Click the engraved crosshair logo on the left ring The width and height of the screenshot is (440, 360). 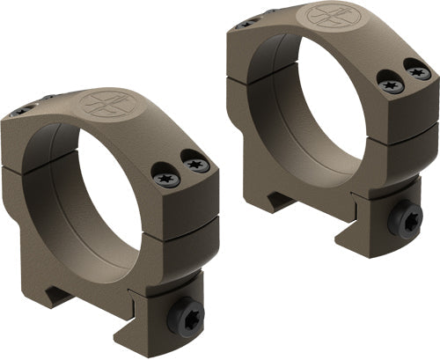pyautogui.click(x=99, y=103)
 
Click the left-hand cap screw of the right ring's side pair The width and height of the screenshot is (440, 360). pyautogui.click(x=390, y=85)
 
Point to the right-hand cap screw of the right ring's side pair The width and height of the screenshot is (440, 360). pyautogui.click(x=418, y=73)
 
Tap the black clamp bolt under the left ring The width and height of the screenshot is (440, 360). pyautogui.click(x=187, y=314)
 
